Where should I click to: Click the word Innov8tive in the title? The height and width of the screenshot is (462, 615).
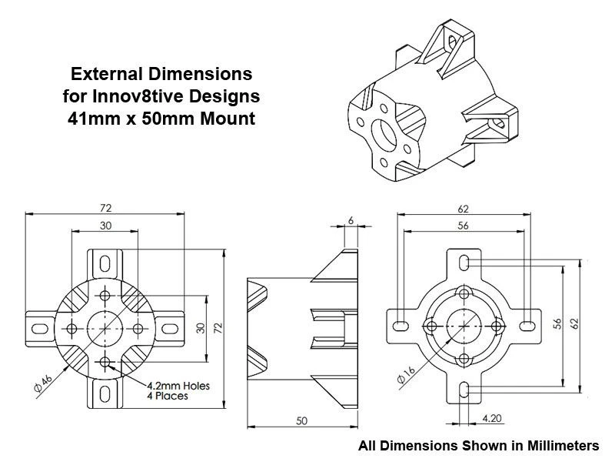click(138, 96)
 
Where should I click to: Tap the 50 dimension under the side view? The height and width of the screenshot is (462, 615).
click(301, 421)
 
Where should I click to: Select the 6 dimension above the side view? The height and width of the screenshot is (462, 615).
click(351, 221)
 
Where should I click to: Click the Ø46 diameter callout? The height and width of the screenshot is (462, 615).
click(43, 383)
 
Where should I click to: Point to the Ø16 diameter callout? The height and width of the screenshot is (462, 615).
click(406, 374)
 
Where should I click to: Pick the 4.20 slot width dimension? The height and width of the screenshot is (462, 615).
click(492, 418)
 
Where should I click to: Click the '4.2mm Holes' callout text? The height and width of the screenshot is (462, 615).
click(178, 386)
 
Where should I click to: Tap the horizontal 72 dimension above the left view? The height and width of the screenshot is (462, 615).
click(105, 208)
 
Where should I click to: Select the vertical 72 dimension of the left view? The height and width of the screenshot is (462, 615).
click(218, 328)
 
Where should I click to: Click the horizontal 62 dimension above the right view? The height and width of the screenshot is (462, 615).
click(464, 209)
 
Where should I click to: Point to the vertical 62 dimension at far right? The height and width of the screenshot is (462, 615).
click(574, 323)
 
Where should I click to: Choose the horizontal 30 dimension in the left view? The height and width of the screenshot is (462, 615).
click(105, 226)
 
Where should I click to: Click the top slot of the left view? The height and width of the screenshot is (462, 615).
click(105, 263)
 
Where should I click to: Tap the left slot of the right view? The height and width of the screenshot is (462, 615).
click(401, 326)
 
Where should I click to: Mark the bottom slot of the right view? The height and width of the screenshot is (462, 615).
click(464, 390)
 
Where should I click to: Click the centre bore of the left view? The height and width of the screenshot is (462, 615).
click(105, 329)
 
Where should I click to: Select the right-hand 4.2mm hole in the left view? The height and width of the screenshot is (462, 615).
click(138, 329)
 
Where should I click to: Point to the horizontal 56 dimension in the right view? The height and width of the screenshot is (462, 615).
click(464, 226)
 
